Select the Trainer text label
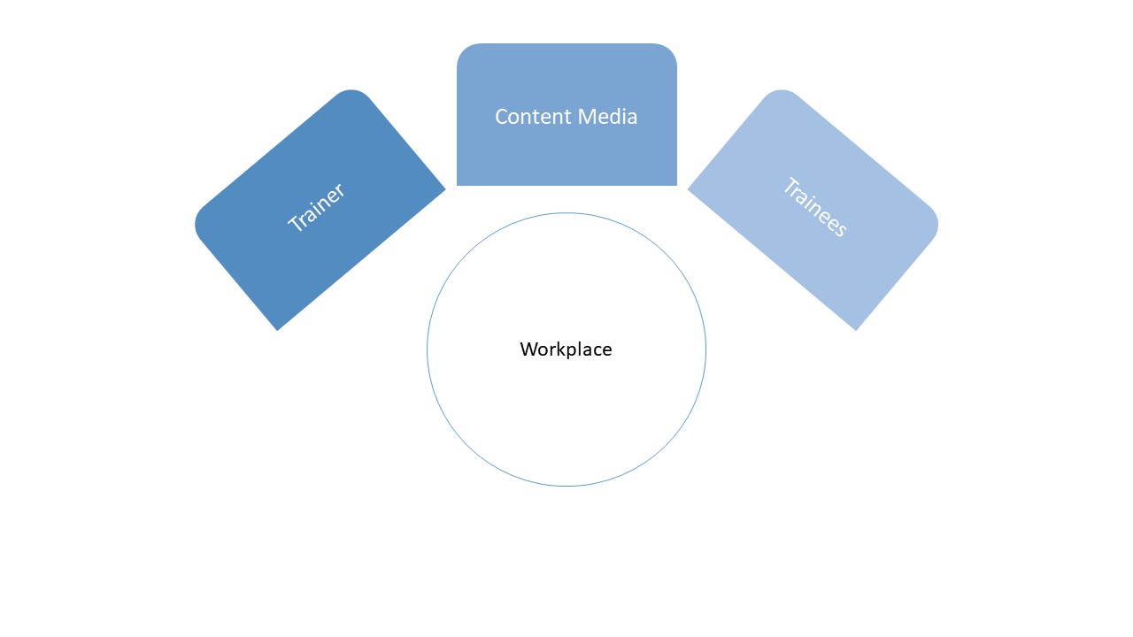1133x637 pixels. (316, 208)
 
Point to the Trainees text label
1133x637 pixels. (815, 208)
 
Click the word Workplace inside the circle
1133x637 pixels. (566, 349)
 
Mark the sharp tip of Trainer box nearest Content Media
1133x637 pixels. (445, 188)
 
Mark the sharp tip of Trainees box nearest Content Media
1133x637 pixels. (688, 188)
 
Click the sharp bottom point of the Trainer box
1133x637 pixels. (278, 330)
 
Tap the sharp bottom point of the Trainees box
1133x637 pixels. (856, 330)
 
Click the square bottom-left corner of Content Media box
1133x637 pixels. (458, 185)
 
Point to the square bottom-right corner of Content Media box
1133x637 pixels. (676, 185)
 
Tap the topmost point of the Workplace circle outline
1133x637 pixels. (566, 213)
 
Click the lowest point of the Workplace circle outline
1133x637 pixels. (566, 486)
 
